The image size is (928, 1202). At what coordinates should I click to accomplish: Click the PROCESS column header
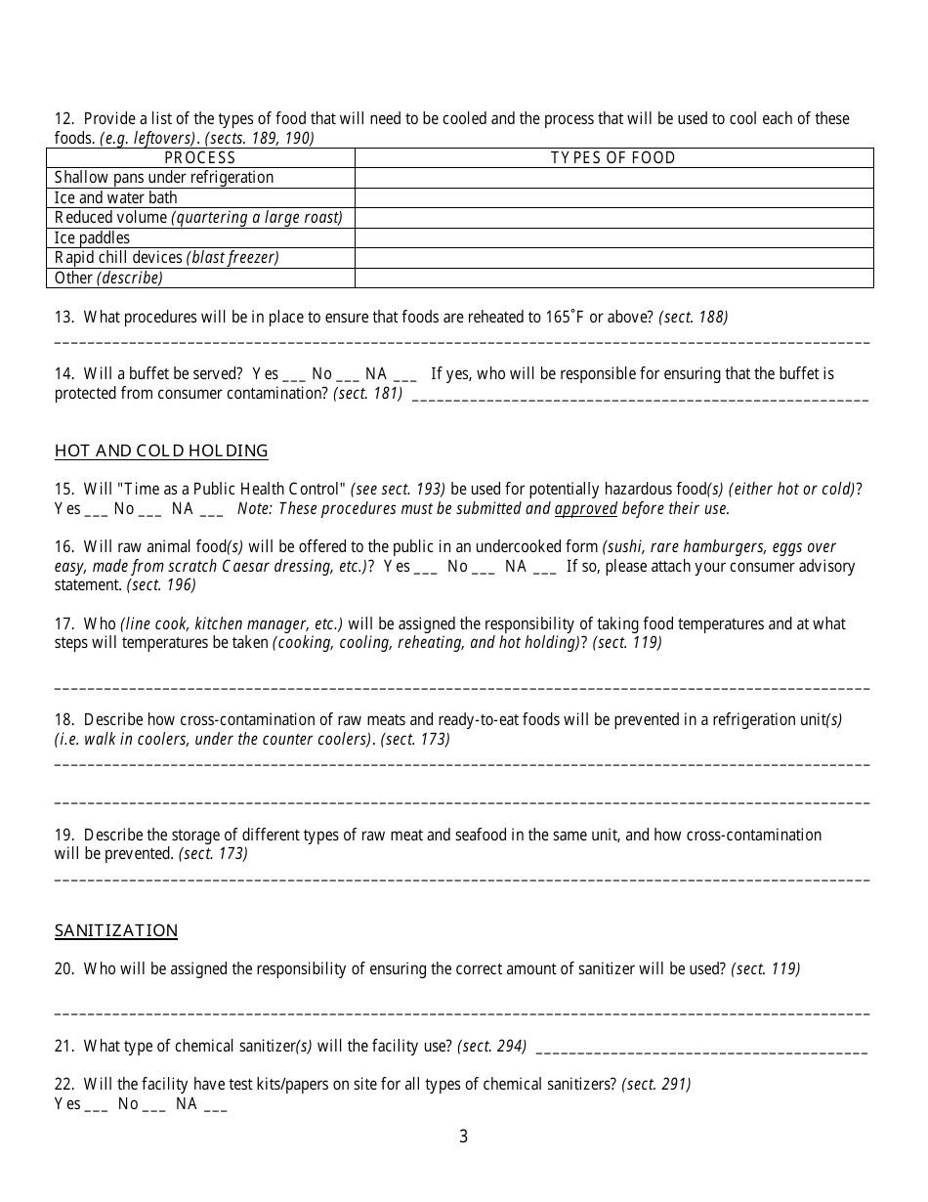(200, 157)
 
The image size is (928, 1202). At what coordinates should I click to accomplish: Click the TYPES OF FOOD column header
(612, 157)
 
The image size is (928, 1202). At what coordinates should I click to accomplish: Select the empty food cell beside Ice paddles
(612, 237)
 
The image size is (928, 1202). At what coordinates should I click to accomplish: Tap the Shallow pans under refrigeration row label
(164, 178)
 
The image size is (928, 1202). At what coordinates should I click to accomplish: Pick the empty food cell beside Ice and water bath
(612, 197)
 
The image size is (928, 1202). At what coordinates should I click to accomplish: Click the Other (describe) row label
(108, 278)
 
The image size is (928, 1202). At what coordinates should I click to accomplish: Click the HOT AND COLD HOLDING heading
(161, 451)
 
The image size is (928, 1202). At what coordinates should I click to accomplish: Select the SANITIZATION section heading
(116, 930)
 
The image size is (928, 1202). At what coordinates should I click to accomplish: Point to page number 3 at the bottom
(463, 1137)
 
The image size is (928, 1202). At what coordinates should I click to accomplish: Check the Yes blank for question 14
(294, 375)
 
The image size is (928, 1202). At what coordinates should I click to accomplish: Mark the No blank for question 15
(150, 510)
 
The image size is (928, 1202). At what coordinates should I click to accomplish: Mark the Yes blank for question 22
(97, 1106)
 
